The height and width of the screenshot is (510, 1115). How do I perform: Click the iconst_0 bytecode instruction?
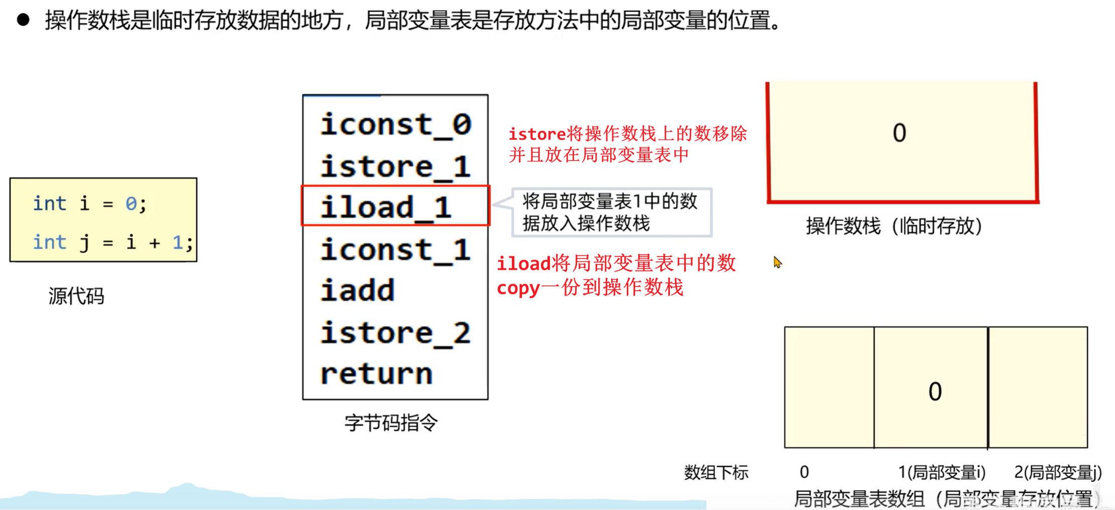(395, 124)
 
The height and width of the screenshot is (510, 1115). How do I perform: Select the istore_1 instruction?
(395, 166)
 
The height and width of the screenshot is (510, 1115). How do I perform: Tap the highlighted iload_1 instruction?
(386, 207)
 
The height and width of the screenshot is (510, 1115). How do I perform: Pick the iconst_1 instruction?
(395, 249)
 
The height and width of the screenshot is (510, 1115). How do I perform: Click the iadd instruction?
(358, 291)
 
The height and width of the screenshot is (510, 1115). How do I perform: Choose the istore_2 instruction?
(395, 333)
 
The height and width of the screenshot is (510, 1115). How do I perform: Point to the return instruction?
(376, 374)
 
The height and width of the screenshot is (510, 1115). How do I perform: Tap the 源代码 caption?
(76, 296)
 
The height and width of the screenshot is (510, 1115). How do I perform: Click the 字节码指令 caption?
(391, 423)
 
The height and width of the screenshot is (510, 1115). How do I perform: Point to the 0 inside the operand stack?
(899, 133)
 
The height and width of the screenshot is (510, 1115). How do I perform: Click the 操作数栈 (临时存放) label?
(894, 226)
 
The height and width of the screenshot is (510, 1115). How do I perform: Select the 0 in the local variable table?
(935, 392)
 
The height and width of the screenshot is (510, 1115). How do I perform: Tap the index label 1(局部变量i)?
(941, 472)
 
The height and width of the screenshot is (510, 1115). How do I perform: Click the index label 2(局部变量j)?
(1058, 472)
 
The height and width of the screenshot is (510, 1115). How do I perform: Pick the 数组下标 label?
(716, 472)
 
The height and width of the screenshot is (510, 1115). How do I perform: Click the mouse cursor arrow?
(777, 262)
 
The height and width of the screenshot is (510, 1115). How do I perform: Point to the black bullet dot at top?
(23, 20)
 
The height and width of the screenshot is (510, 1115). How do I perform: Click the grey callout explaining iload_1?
(611, 212)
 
